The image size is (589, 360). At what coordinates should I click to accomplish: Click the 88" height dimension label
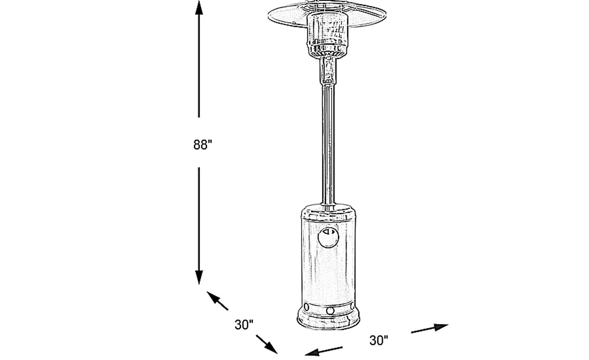[202, 145]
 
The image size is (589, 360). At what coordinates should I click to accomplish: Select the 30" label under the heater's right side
[379, 340]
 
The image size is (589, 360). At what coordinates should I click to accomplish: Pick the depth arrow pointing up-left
[218, 301]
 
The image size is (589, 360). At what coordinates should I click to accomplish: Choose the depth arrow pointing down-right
[267, 344]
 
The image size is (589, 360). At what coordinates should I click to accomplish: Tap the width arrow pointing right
[429, 328]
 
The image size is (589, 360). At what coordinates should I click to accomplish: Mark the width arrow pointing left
[324, 351]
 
